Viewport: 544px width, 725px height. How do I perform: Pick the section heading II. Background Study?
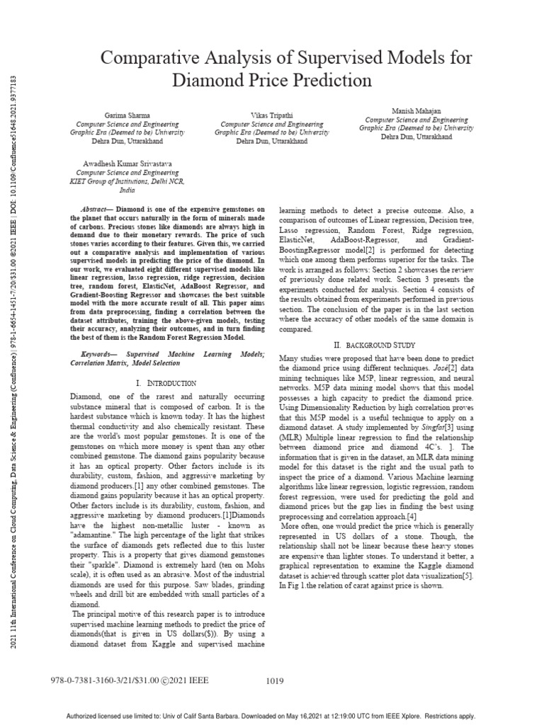(x=378, y=344)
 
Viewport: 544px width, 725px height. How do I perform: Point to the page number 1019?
(x=275, y=681)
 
